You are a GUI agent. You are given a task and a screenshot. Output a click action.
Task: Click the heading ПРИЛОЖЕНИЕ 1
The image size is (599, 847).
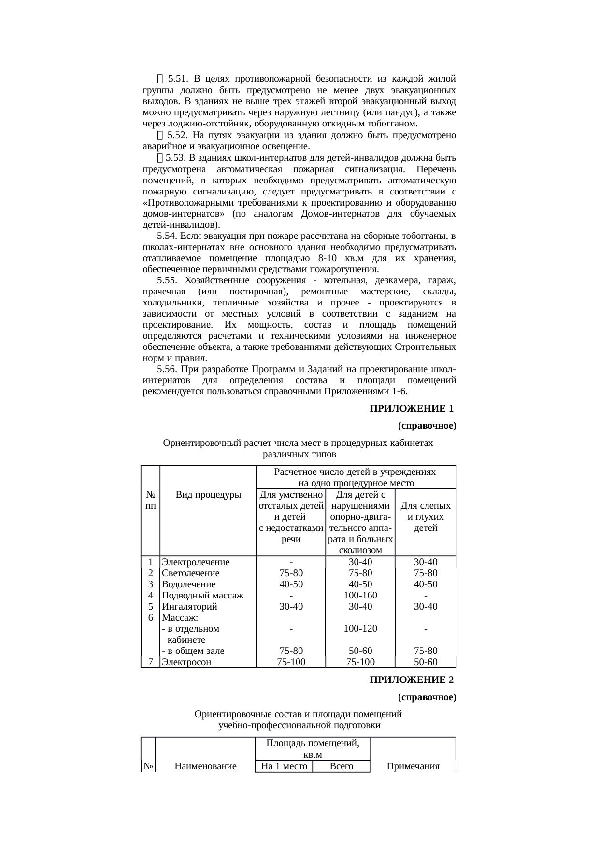[412, 409]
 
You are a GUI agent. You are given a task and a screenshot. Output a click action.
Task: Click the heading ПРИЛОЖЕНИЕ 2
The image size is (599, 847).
[412, 680]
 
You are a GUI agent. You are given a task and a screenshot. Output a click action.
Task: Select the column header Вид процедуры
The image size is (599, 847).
[208, 495]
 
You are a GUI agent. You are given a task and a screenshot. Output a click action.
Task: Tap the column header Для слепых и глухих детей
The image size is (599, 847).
[426, 516]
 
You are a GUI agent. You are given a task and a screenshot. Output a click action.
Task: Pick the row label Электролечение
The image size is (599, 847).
[196, 562]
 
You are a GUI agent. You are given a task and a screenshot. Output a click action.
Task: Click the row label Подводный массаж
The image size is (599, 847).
[202, 595]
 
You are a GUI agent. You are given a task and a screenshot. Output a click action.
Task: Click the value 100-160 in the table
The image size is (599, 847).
[360, 595]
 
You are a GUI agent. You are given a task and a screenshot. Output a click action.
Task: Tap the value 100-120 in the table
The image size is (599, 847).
[360, 628]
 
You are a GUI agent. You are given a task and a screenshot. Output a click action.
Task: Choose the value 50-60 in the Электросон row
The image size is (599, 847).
[426, 662]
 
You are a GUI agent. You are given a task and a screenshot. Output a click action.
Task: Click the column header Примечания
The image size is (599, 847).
[413, 766]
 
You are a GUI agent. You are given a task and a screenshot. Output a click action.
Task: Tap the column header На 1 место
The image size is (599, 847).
[284, 766]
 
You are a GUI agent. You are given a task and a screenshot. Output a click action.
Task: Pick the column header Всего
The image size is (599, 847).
[341, 766]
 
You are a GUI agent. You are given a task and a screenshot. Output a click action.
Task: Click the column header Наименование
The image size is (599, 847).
[205, 766]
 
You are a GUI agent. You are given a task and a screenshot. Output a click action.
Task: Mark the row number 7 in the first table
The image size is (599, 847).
[151, 662]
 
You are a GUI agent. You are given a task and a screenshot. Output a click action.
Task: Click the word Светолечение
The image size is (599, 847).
[191, 573]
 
